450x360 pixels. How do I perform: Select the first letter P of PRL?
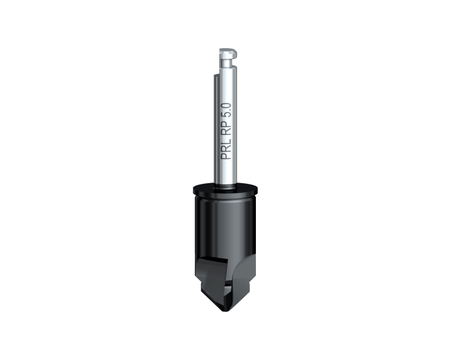coord(226,156)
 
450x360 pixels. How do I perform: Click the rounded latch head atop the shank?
coord(228,53)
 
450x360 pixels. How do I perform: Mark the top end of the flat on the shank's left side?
coord(216,75)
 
